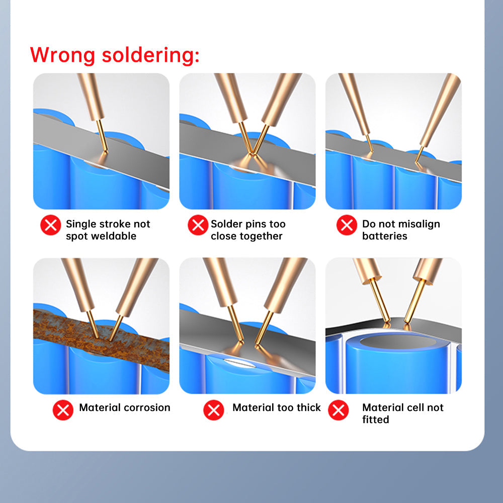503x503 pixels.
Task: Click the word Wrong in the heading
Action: (62, 54)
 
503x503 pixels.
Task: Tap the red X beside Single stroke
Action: (50, 225)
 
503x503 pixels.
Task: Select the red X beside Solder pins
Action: (198, 225)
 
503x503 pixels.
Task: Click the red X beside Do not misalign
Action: (347, 225)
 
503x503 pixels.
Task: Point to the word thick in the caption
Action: (308, 407)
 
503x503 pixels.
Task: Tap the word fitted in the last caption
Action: (375, 420)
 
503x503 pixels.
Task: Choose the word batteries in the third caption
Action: (384, 236)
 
